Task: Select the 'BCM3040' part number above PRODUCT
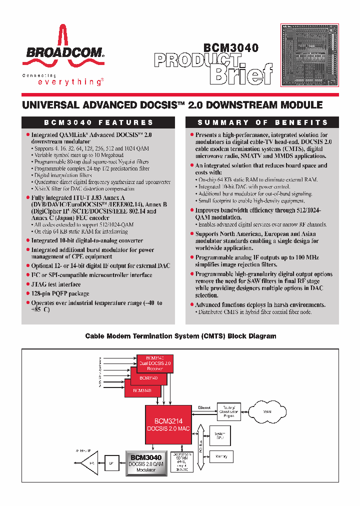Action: [x=230, y=48]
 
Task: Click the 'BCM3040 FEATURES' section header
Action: [x=98, y=122]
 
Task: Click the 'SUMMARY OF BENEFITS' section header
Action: [x=262, y=122]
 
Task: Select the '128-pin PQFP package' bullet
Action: [x=60, y=293]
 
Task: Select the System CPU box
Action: [x=220, y=434]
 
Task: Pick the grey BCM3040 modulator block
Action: [x=145, y=463]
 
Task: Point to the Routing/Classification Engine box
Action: [x=227, y=411]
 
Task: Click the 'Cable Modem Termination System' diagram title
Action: [x=180, y=336]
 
